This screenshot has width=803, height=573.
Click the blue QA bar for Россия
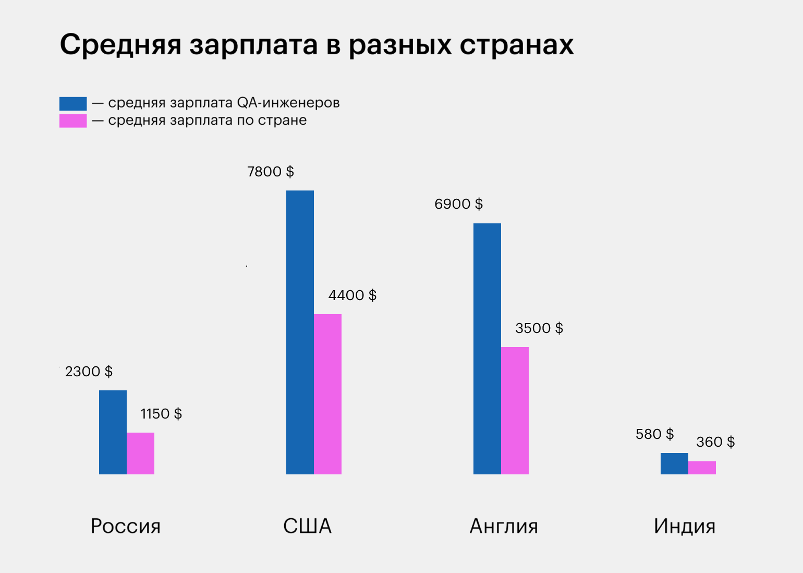tap(113, 432)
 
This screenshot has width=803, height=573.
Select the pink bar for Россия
tap(140, 453)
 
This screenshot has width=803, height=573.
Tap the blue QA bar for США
tap(300, 332)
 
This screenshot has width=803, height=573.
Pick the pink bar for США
tap(327, 394)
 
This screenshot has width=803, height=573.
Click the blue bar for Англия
tap(487, 349)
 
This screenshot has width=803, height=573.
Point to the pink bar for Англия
tap(515, 410)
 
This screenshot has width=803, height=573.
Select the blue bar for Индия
tap(674, 463)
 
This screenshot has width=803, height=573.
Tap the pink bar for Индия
tap(702, 468)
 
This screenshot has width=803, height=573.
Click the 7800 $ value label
tap(270, 172)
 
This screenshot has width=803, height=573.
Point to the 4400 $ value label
tap(352, 295)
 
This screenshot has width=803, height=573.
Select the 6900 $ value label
tap(458, 204)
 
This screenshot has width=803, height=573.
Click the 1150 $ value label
tap(161, 414)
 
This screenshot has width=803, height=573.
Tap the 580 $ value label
tap(654, 434)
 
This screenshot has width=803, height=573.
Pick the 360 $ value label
tap(715, 442)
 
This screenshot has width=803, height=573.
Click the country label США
tap(307, 526)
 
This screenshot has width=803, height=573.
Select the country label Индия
tap(684, 526)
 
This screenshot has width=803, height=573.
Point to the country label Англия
tap(504, 526)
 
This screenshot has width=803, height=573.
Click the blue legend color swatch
tap(73, 103)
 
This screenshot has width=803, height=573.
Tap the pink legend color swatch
tap(73, 121)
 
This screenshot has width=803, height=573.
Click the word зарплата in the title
tap(253, 45)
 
